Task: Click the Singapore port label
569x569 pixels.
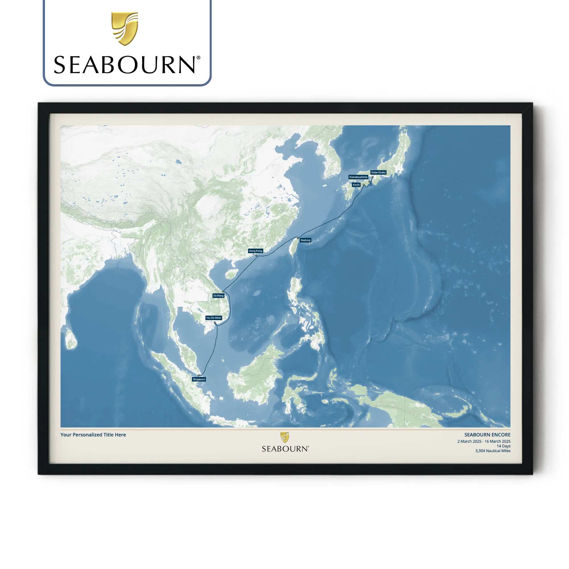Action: [199, 379]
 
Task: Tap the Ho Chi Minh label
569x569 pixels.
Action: [214, 318]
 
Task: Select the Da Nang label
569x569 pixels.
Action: [218, 295]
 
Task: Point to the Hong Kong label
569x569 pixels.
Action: [255, 251]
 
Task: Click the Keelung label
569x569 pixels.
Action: [305, 240]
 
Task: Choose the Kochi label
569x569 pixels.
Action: [356, 185]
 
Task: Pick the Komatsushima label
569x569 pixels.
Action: [358, 177]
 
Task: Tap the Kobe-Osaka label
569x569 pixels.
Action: [378, 172]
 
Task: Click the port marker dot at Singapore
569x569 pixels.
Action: [199, 376]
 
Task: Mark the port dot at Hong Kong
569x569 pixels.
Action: [256, 256]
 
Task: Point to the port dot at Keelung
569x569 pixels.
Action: [298, 238]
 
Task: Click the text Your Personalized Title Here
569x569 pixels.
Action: [93, 435]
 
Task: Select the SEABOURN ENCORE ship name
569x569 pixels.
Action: [487, 435]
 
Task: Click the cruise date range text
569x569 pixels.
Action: [484, 441]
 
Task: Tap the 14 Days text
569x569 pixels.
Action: [503, 446]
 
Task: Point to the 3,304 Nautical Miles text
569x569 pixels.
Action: [492, 451]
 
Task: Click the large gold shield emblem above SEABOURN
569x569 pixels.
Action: [125, 28]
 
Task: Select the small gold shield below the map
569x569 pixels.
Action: [284, 437]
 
